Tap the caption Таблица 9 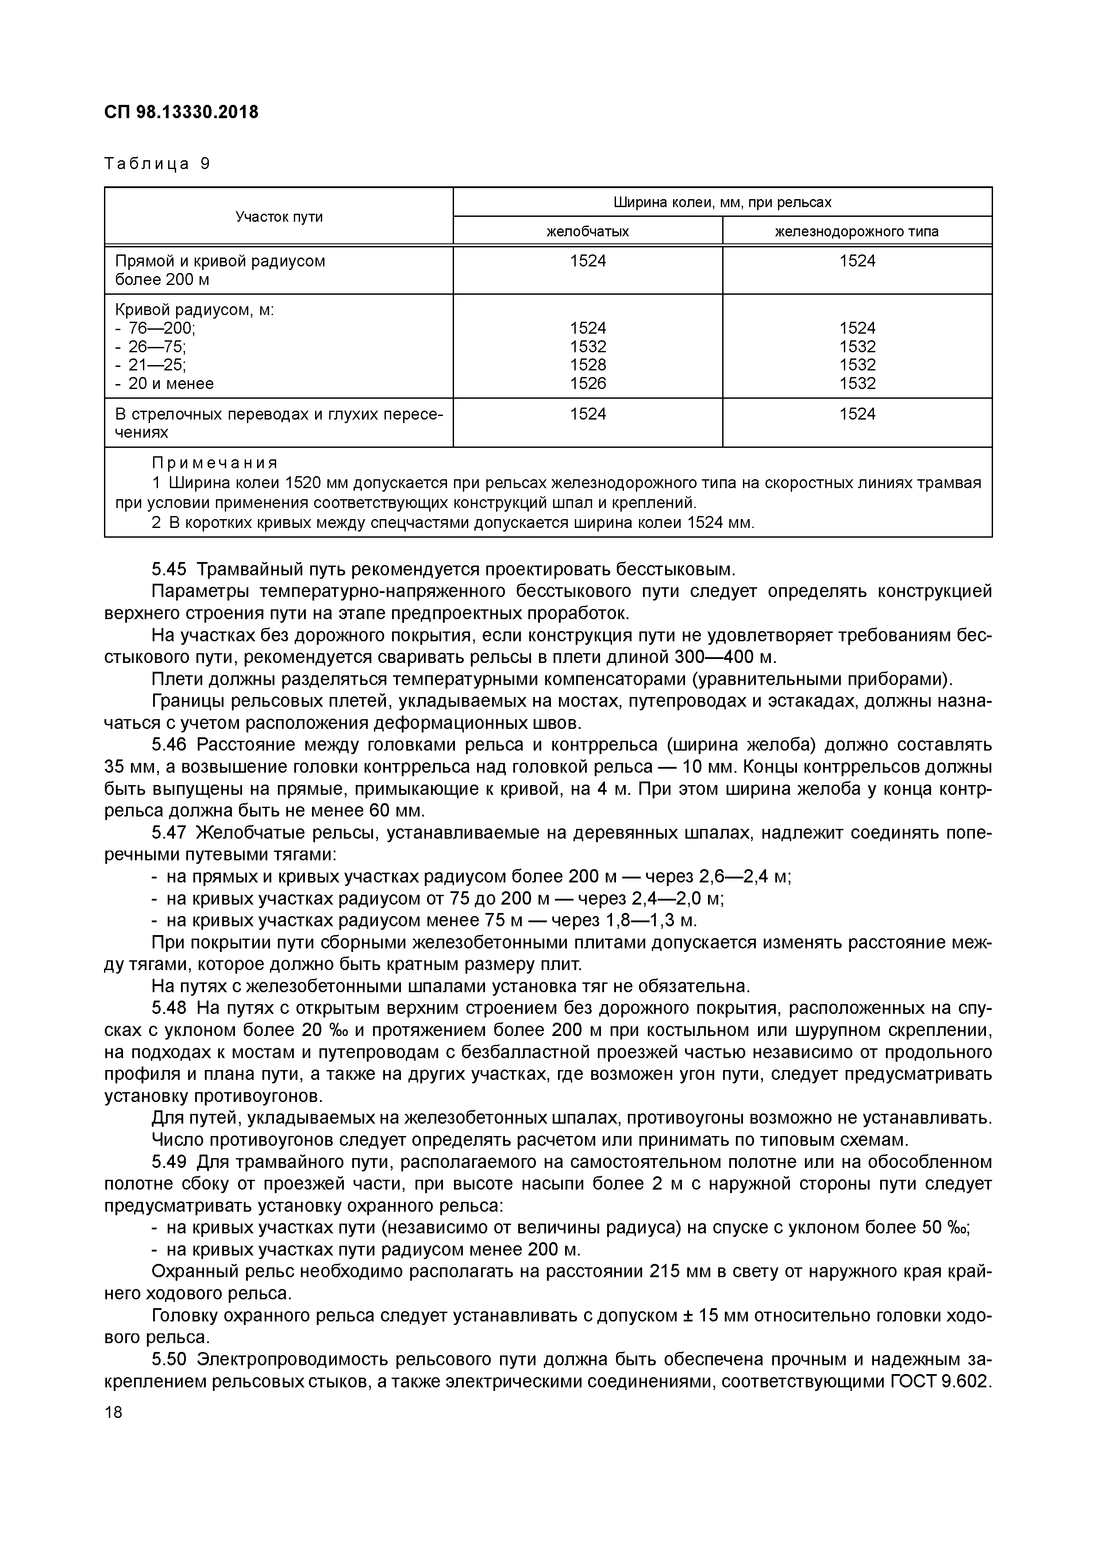(x=157, y=164)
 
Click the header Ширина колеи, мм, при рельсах (x=722, y=202)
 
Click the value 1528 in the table (x=587, y=365)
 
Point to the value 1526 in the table (x=587, y=383)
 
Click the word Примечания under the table (x=214, y=463)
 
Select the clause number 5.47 (x=169, y=833)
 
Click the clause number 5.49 (x=169, y=1162)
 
